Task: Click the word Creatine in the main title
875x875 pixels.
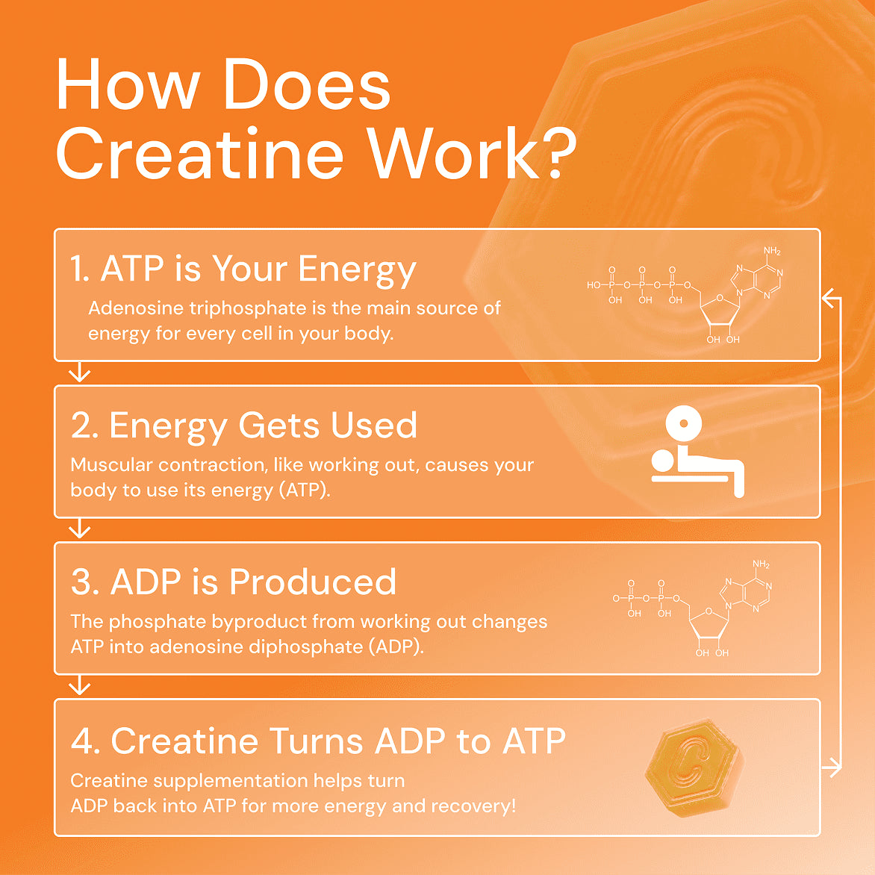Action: pos(199,155)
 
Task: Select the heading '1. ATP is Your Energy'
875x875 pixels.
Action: pos(243,269)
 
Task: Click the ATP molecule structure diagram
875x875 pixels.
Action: pos(685,295)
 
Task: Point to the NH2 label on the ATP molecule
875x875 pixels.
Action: pos(772,251)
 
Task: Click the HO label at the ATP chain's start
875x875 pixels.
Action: pos(594,284)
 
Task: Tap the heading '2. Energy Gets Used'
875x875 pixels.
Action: pos(244,426)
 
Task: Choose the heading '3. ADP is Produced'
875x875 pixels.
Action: pos(234,582)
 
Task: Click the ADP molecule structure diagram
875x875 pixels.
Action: pos(692,608)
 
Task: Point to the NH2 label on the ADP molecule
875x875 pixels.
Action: pos(761,564)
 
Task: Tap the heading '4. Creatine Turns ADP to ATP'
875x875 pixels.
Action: pos(318,741)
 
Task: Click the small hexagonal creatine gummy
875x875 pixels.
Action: pos(694,767)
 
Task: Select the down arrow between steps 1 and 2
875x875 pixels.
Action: pos(79,373)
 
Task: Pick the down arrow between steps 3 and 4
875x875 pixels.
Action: pos(79,685)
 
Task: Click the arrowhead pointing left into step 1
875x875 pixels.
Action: pos(828,299)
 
